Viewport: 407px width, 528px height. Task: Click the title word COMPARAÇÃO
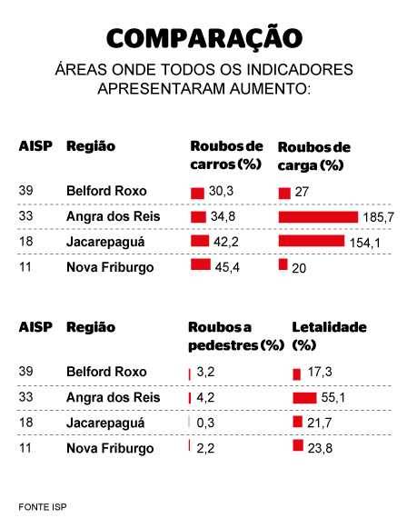coord(204,38)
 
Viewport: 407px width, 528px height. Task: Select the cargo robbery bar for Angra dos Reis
coord(318,217)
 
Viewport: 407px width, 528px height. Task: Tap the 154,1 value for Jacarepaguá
coord(365,243)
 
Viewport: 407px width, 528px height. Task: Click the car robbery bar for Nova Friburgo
coord(201,264)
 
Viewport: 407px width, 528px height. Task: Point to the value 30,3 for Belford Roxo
coord(221,191)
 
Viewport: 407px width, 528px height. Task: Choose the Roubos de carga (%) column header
coord(314,156)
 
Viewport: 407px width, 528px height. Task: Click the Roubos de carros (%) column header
coord(226,155)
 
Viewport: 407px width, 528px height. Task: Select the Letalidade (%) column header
coord(329,335)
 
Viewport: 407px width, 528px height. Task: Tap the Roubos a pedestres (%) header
coord(236,336)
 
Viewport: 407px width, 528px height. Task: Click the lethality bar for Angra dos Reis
coord(304,398)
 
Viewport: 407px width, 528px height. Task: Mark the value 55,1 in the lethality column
coord(333,398)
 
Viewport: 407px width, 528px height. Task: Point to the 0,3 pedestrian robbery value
coord(205,423)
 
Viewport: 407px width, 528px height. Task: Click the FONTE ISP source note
coord(43,507)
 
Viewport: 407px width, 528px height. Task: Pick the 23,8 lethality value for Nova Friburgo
coord(320,448)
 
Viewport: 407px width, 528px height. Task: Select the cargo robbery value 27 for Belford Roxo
coord(302,192)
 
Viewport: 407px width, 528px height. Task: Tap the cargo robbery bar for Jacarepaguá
coord(312,241)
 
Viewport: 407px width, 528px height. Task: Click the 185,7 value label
coord(379,217)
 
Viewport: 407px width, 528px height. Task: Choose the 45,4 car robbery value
coord(227,267)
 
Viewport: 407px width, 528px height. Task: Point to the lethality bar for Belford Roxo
coord(296,374)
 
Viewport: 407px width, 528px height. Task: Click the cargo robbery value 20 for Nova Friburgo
coord(299,268)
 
